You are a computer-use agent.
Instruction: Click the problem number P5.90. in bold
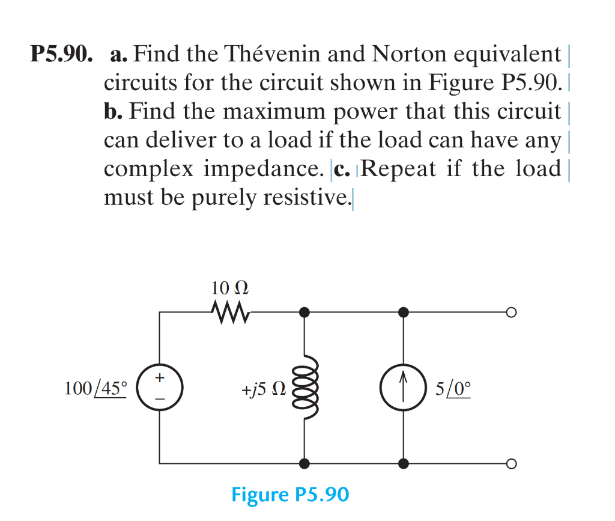[62, 55]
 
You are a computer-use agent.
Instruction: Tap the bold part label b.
[114, 112]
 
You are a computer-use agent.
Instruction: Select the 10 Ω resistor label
[230, 287]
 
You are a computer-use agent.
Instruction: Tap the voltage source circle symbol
[159, 388]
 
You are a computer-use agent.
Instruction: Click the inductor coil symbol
[305, 388]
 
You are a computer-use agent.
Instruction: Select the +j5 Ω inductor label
[263, 389]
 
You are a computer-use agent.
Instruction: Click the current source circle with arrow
[404, 388]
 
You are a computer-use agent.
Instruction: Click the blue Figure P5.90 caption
[289, 495]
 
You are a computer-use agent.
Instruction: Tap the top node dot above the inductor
[305, 312]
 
